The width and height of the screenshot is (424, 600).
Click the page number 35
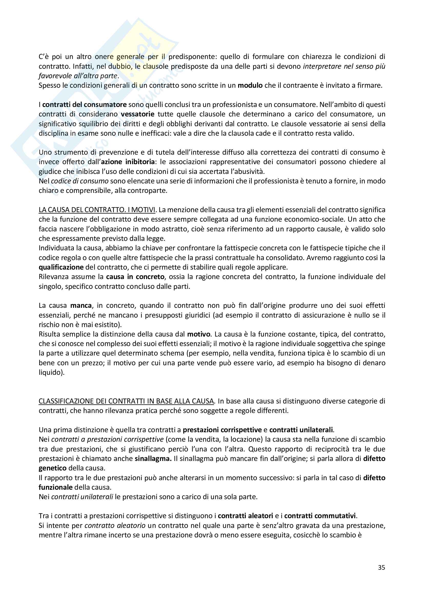tap(381, 568)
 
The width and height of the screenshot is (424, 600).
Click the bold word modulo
tap(250, 85)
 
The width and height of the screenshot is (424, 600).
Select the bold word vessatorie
tap(138, 114)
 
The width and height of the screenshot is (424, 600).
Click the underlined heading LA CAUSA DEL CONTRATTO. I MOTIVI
tap(97, 210)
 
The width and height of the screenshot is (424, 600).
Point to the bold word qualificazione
tap(61, 267)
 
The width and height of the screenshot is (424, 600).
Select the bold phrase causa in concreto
tap(135, 277)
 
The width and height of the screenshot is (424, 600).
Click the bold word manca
tap(81, 306)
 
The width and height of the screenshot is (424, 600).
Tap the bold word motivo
tap(199, 334)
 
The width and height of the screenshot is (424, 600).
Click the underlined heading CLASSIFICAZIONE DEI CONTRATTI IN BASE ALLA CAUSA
tap(126, 401)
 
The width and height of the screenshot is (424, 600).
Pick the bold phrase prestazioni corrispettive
tap(222, 430)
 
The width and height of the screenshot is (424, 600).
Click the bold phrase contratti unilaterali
tap(301, 430)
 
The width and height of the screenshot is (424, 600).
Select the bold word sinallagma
tap(153, 459)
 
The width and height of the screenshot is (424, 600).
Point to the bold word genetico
tap(53, 468)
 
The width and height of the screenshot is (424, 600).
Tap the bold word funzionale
tap(55, 487)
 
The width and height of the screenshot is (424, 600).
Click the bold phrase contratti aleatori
tap(245, 516)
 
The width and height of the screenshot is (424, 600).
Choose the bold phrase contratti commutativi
tap(320, 516)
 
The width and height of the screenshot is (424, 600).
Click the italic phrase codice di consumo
tap(80, 181)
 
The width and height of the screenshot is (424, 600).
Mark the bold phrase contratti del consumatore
tap(84, 105)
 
